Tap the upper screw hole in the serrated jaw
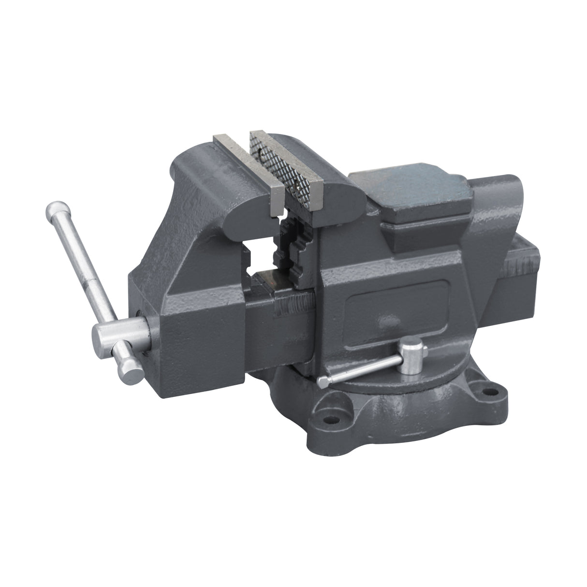pos(262,157)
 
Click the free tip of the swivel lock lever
pos(323,382)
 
